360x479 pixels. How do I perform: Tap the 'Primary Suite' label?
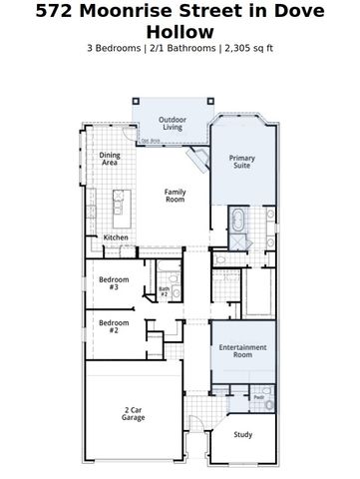coord(242,162)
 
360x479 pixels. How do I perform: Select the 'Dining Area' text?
coord(110,158)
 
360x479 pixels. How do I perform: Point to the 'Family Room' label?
coord(176,197)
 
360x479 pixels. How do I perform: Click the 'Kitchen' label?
coord(116,237)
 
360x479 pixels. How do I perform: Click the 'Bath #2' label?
coord(165,291)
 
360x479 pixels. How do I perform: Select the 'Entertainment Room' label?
coord(242,351)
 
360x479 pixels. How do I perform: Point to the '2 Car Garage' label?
coord(134,413)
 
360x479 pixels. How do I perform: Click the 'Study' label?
coord(242,434)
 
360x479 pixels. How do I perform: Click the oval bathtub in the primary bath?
coord(240,220)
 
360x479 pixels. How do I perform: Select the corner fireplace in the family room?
coord(200,161)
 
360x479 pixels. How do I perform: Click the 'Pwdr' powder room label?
coord(257,397)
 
